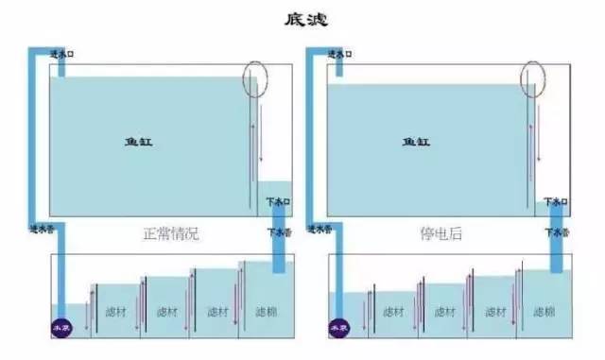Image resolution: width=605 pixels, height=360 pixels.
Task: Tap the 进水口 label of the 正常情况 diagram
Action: point(60,55)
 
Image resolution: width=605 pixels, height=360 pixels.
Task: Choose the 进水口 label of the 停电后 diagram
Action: point(338,55)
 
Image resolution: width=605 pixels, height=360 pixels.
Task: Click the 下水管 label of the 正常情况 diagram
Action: point(274,230)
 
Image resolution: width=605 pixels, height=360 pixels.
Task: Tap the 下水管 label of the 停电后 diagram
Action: point(555,230)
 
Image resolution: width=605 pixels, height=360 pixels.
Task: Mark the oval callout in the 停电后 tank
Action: point(532,78)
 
